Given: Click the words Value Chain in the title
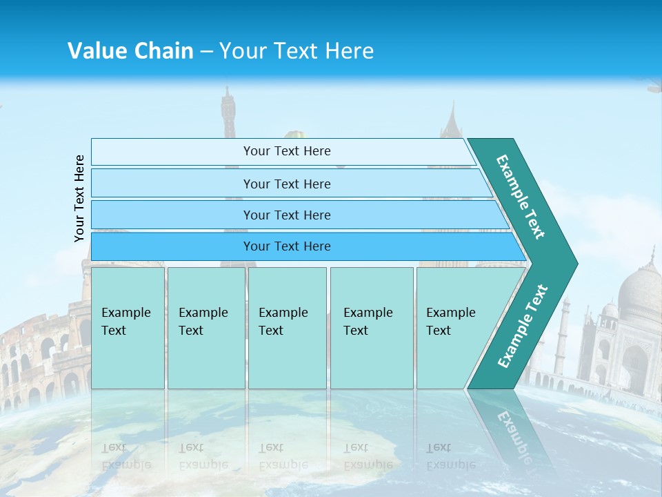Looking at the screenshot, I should tap(130, 51).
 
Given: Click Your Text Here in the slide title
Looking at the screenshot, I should tap(297, 51).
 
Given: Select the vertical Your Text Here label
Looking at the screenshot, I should tap(79, 198).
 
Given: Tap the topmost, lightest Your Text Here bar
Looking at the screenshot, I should tap(286, 151).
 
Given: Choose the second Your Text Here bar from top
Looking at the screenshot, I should tap(286, 184).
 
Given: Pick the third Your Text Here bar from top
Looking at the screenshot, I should tap(286, 215).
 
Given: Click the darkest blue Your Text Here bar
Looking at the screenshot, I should tap(286, 246).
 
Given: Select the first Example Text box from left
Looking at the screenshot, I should tap(128, 328).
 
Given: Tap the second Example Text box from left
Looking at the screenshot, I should tap(205, 328).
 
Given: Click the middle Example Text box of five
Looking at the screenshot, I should tap(287, 328).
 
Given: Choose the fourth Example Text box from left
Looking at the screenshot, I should tap(371, 328).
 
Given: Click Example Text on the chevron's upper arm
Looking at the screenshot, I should tap(521, 197).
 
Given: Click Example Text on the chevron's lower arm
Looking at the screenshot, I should tap(523, 327).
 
